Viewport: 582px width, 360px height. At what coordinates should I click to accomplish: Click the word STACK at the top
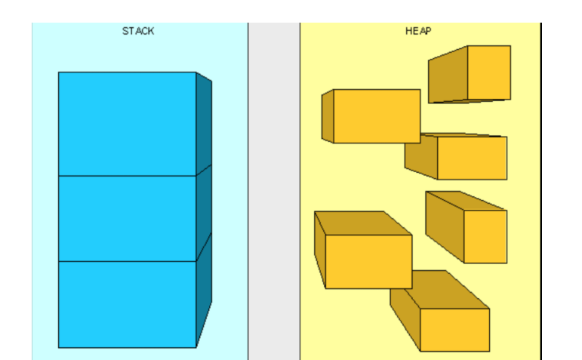[x=138, y=31]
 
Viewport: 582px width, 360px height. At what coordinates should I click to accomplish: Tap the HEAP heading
[x=418, y=31]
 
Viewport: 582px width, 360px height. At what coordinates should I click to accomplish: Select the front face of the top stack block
[x=127, y=123]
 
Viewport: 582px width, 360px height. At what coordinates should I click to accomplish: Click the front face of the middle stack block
[x=127, y=218]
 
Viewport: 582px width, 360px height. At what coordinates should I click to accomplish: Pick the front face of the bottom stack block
[x=127, y=304]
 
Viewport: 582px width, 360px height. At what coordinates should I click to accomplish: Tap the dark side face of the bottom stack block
[x=204, y=298]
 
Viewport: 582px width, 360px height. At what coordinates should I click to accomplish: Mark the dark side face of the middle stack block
[x=204, y=211]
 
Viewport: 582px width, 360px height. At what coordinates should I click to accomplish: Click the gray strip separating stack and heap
[x=274, y=189]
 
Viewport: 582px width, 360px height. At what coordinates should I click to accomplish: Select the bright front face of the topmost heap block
[x=488, y=72]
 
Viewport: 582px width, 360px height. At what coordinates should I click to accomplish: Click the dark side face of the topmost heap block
[x=448, y=76]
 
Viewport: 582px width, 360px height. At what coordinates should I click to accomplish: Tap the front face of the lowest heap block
[x=454, y=330]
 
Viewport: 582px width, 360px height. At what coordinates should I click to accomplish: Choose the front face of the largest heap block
[x=368, y=261]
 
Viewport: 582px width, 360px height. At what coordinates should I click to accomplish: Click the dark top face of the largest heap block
[x=359, y=223]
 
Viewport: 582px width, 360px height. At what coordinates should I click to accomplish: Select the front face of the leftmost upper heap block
[x=377, y=115]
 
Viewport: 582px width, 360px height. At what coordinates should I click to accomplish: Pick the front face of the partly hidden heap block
[x=472, y=158]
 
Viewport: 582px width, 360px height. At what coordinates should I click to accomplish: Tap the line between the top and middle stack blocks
[x=127, y=176]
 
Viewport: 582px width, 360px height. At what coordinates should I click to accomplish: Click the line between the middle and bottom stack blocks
[x=127, y=261]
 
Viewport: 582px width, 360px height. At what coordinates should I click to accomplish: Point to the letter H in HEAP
[x=408, y=31]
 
